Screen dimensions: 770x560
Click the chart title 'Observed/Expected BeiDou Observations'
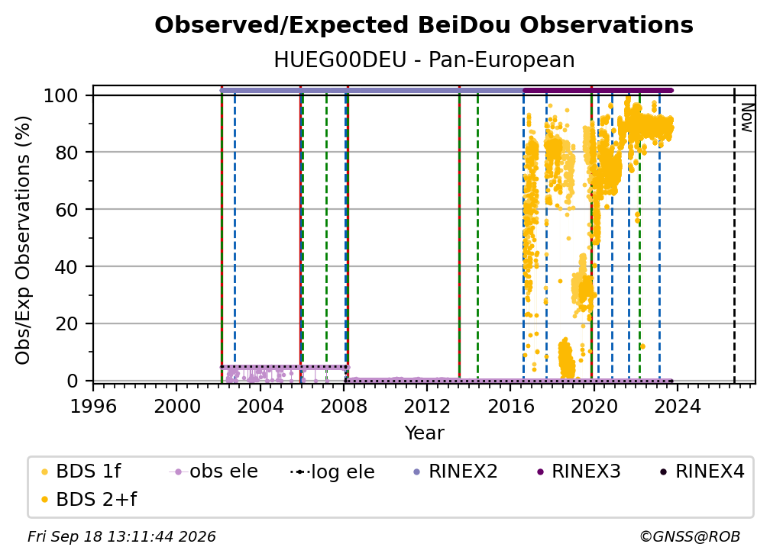coord(424,25)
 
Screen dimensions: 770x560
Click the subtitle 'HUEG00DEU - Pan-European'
coord(424,60)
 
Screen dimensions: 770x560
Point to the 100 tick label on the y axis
coord(60,95)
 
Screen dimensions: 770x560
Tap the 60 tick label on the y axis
coord(66,210)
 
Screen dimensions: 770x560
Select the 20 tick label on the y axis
coord(66,324)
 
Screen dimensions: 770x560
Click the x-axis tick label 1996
coord(93,407)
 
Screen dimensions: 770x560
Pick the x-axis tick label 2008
coord(344,407)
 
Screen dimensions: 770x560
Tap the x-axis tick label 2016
coord(511,407)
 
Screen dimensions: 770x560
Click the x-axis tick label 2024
coord(678,407)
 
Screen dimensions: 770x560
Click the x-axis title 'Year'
coord(424,433)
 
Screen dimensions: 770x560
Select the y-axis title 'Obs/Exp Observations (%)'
coord(23,240)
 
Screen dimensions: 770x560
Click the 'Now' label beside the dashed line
coord(746,117)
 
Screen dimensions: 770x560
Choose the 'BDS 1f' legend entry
coord(81,471)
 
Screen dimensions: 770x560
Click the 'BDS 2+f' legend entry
coord(89,500)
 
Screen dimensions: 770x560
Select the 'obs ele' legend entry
coord(214,471)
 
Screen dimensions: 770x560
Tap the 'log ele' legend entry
coord(332,471)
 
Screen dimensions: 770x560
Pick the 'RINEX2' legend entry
coord(455,471)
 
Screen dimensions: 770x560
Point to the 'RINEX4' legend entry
coord(702,471)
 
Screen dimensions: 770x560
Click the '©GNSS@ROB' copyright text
coord(690,537)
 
